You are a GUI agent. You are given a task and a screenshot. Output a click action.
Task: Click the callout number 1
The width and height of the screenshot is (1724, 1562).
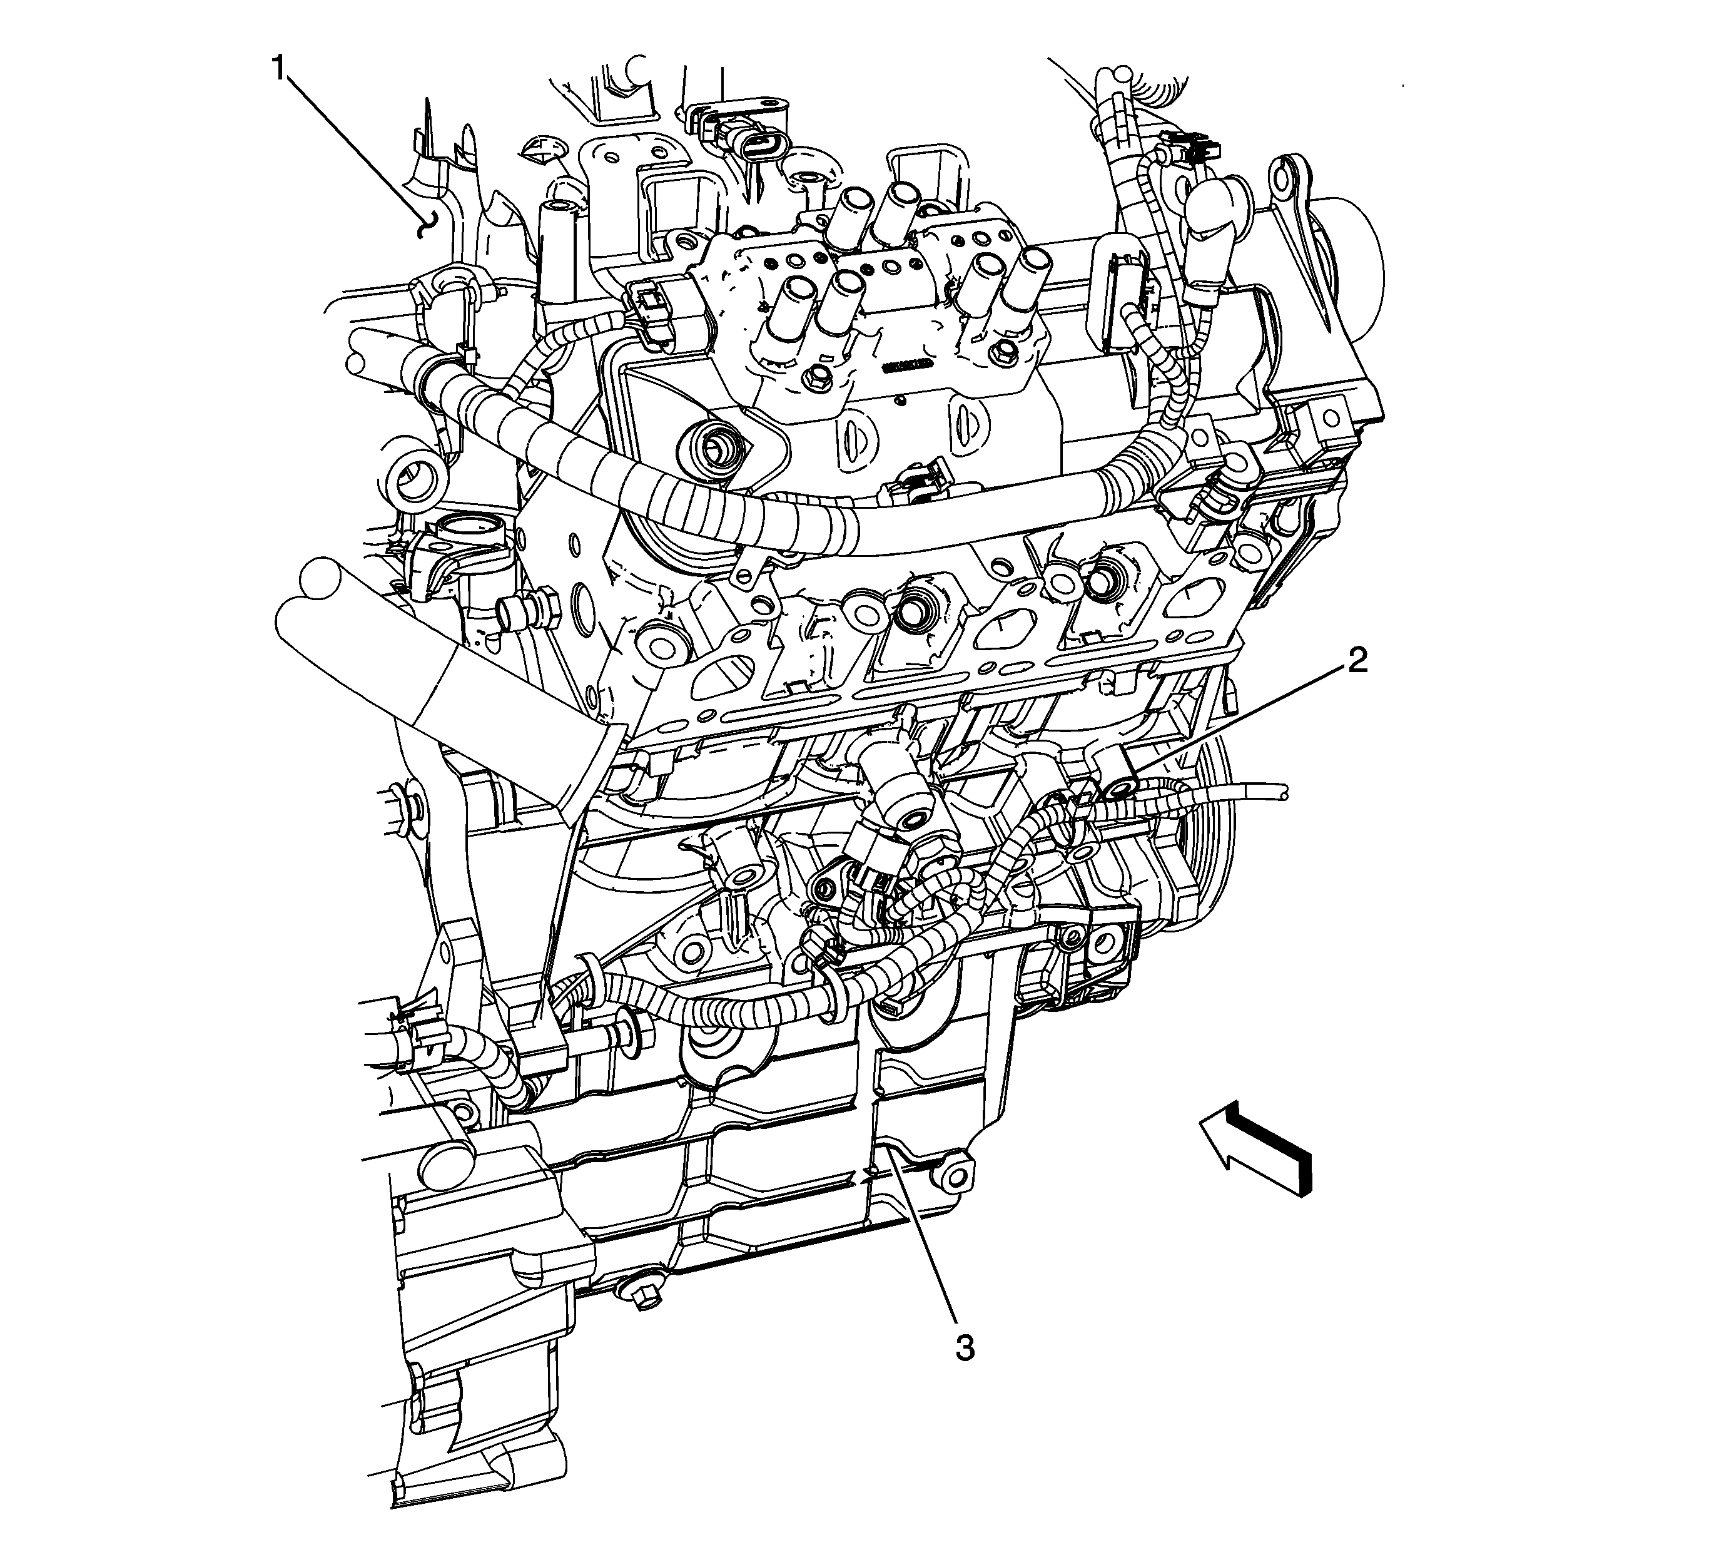pos(279,68)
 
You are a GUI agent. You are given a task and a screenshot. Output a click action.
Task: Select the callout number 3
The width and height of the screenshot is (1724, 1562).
pos(964,1349)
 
